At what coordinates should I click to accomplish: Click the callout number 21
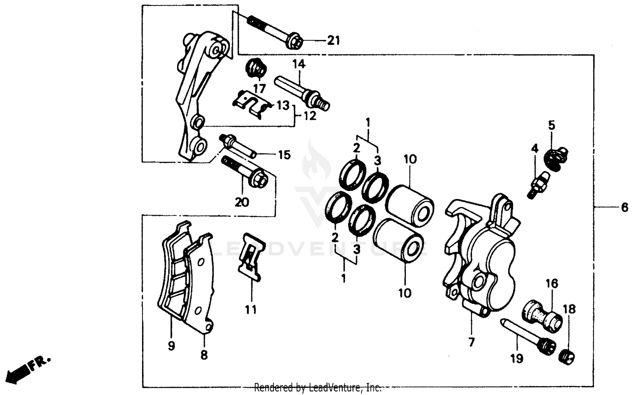(x=333, y=41)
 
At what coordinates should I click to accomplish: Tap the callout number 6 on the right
(x=624, y=207)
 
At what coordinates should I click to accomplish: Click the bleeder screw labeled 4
(x=536, y=184)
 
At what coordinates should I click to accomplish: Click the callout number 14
(x=298, y=64)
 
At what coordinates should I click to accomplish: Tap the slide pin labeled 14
(x=301, y=92)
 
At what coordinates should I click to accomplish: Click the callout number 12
(x=310, y=115)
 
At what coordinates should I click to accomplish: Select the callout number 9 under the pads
(x=171, y=346)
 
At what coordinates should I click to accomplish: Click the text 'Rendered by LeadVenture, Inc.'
(x=318, y=387)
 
